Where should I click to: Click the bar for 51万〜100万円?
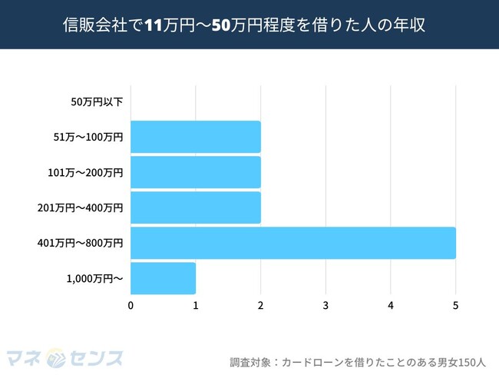[196, 137]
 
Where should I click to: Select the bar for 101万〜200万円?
[196, 172]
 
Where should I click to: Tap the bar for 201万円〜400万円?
[196, 207]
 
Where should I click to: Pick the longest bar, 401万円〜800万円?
[293, 243]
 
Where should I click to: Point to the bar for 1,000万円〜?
[164, 278]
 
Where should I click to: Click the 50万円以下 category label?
[97, 101]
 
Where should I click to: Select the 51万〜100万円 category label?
[89, 137]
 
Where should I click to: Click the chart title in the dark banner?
[249, 25]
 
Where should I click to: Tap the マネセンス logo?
[66, 357]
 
